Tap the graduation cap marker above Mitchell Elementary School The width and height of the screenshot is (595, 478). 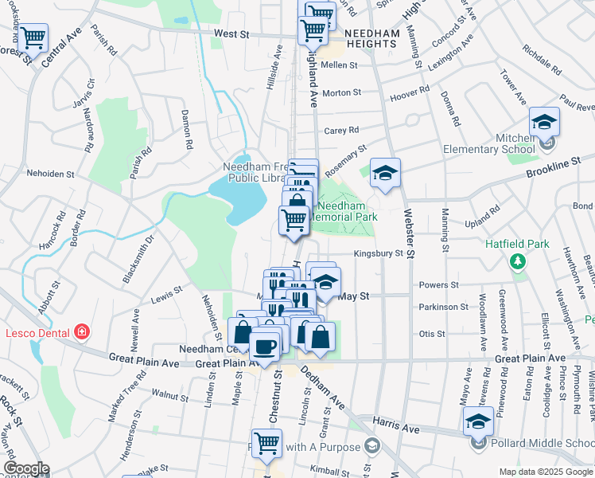pos(544,122)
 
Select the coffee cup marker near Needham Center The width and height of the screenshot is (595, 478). pos(265,345)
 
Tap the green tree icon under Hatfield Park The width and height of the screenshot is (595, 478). pos(518,261)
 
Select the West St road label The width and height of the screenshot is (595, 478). pos(231,34)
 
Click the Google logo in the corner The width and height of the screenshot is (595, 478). pos(26,468)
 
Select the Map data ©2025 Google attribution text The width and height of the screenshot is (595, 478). pos(546,472)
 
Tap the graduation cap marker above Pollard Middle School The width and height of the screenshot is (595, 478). pos(478,421)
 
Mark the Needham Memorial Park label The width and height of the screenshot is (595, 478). pos(341,210)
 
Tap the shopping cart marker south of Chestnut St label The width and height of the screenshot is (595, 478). pos(266,444)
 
